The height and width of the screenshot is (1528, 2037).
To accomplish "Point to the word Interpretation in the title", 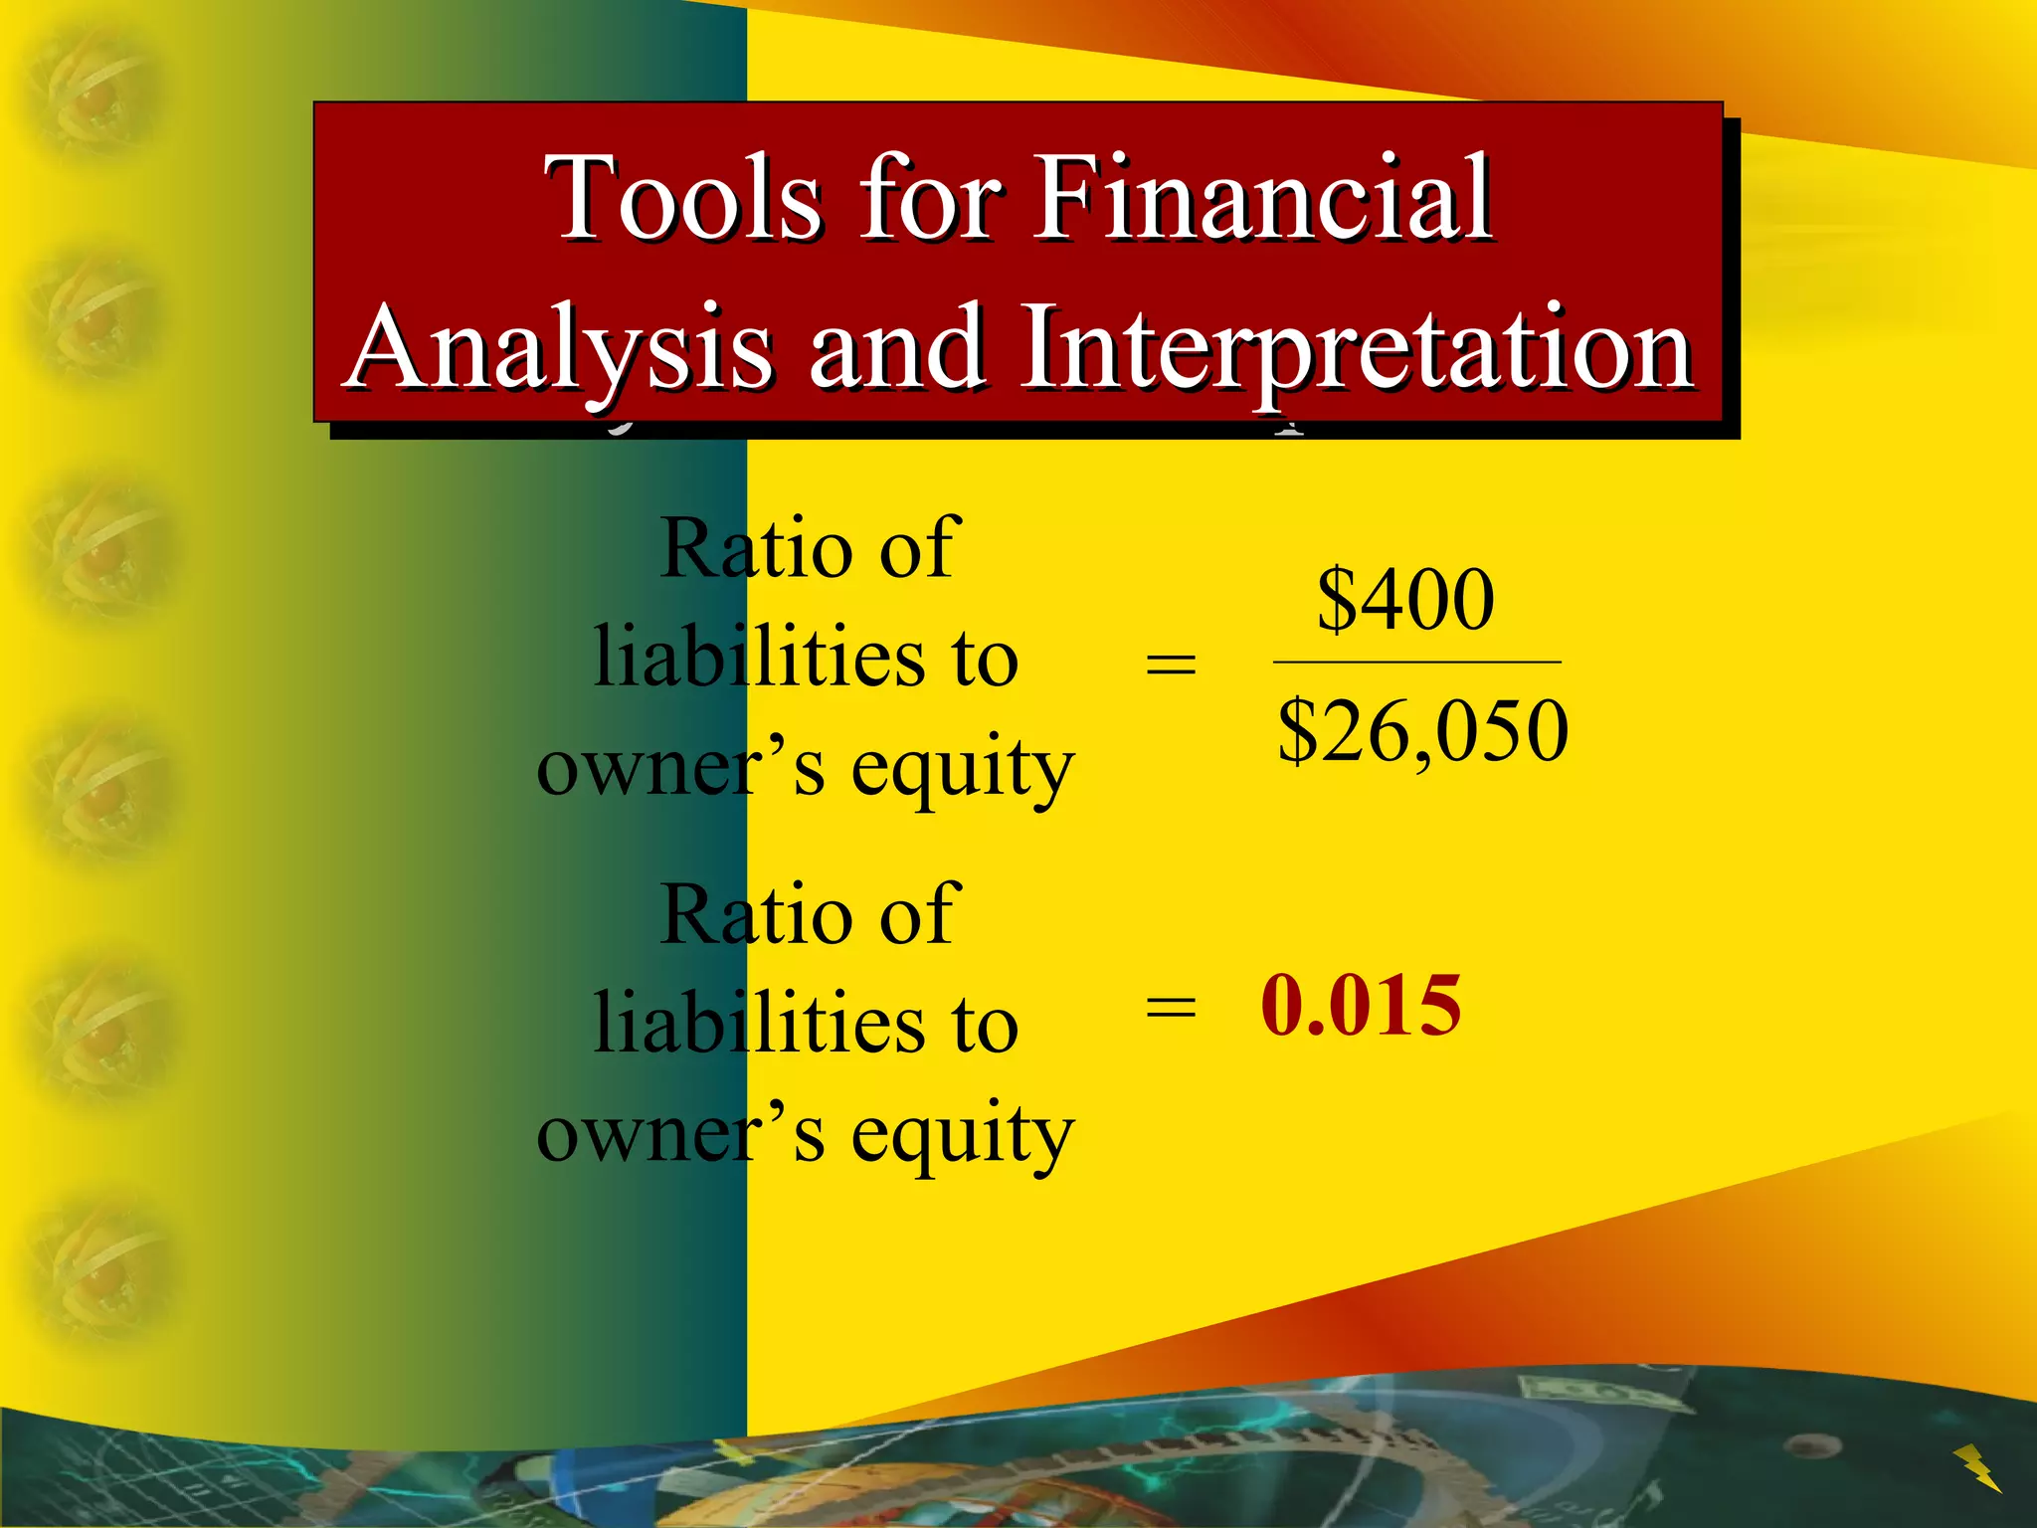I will coord(1359,348).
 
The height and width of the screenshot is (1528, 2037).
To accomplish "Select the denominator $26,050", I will coord(1422,731).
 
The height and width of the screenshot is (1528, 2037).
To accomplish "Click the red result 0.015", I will coord(1361,1006).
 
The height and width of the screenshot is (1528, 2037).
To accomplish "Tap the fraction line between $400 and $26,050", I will coord(1416,662).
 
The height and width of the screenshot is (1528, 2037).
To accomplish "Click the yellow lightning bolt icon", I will coord(1976,1467).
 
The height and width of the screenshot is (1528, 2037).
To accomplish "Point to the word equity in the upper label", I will coord(963,770).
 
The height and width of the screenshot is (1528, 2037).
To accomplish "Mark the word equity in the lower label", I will coord(963,1136).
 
